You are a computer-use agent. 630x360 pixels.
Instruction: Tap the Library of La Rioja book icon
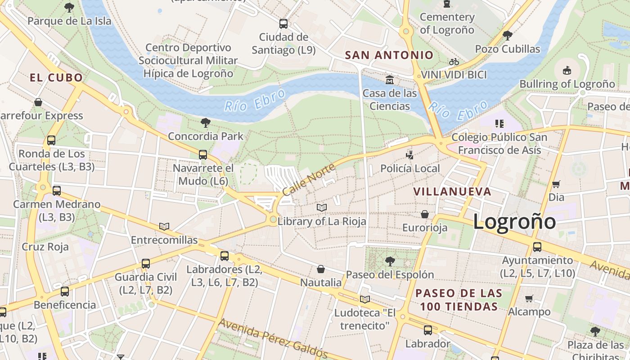pyautogui.click(x=321, y=207)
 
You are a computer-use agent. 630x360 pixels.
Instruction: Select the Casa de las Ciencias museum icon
pyautogui.click(x=390, y=80)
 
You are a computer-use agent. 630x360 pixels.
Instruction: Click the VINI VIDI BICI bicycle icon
pyautogui.click(x=454, y=62)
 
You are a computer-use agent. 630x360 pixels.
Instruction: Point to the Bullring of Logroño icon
pyautogui.click(x=567, y=70)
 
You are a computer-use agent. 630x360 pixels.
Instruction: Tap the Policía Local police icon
pyautogui.click(x=409, y=155)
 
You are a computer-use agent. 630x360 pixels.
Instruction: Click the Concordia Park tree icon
pyautogui.click(x=206, y=122)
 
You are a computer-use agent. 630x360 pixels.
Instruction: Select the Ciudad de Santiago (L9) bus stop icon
pyautogui.click(x=283, y=24)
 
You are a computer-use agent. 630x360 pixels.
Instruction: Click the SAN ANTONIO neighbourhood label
pyautogui.click(x=389, y=55)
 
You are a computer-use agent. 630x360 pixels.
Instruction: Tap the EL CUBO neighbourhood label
pyautogui.click(x=57, y=78)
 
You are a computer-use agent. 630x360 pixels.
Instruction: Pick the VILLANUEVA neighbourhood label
pyautogui.click(x=452, y=192)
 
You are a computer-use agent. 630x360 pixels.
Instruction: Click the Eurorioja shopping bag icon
pyautogui.click(x=425, y=214)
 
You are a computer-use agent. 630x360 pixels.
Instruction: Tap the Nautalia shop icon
pyautogui.click(x=321, y=269)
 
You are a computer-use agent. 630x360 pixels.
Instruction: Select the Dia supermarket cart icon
pyautogui.click(x=556, y=184)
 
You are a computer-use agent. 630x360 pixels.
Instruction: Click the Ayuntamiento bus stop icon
pyautogui.click(x=537, y=247)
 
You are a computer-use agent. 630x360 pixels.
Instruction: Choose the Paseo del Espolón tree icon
pyautogui.click(x=390, y=261)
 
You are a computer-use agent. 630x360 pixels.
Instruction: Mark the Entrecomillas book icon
pyautogui.click(x=164, y=226)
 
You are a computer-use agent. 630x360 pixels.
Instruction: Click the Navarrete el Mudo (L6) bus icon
pyautogui.click(x=203, y=155)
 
